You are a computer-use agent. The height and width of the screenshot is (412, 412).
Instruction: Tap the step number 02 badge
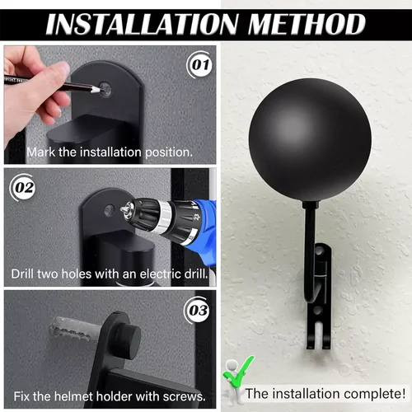coord(23,187)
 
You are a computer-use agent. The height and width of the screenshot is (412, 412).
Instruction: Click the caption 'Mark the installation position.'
coord(110,152)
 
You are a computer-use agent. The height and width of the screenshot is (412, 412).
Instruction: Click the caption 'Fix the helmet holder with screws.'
coord(109,397)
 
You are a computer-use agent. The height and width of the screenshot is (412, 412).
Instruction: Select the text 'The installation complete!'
coord(325,394)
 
